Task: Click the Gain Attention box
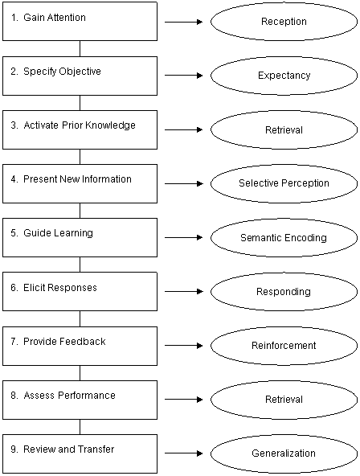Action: point(80,21)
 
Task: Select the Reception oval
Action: point(284,22)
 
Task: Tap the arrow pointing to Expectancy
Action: point(184,76)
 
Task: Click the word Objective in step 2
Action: point(80,72)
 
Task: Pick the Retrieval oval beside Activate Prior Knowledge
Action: point(284,129)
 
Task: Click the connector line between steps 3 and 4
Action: point(80,157)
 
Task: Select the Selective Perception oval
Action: point(284,183)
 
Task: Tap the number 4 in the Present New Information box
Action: point(14,179)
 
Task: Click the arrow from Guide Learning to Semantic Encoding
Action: point(184,237)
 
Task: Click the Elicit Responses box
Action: point(80,291)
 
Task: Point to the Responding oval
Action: point(284,291)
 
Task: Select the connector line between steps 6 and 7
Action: point(80,318)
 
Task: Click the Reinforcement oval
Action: point(284,346)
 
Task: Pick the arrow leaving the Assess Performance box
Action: point(184,399)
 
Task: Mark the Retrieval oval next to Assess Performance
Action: point(284,400)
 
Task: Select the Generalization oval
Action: point(284,453)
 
